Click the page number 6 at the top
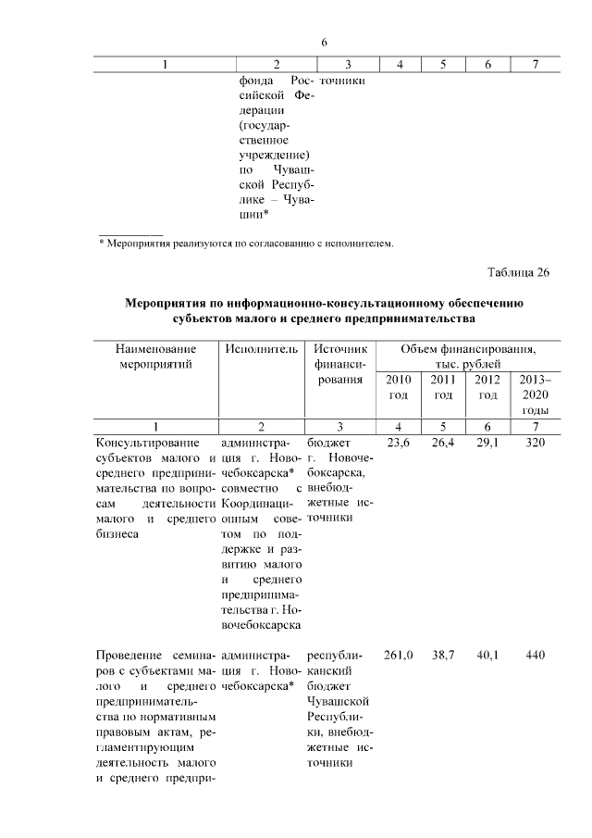(x=325, y=43)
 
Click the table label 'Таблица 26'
(x=518, y=272)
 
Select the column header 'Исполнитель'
(x=262, y=349)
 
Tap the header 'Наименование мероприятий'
(x=156, y=356)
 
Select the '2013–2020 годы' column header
(x=535, y=394)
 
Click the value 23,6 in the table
(x=398, y=443)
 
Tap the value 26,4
(x=443, y=443)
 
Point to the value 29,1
(x=487, y=443)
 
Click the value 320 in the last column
(x=535, y=443)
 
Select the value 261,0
(x=398, y=655)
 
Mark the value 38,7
(x=443, y=655)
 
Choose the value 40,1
(x=487, y=655)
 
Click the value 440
(x=535, y=655)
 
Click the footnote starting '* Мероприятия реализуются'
(x=246, y=244)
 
